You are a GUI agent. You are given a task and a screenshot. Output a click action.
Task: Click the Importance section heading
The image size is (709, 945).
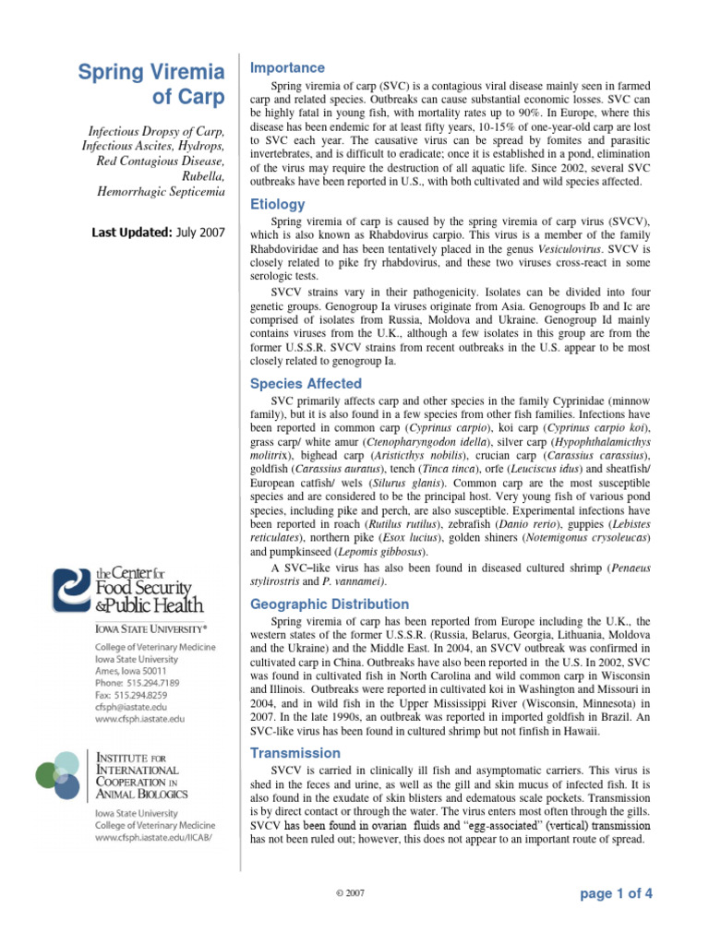point(288,68)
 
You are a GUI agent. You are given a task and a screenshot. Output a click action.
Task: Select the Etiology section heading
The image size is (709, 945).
point(277,205)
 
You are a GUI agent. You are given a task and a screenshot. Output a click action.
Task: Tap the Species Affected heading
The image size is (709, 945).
point(306,384)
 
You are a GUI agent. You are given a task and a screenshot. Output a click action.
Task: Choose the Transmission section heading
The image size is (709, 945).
point(295,753)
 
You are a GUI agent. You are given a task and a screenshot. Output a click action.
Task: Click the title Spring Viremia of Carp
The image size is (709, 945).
point(150,84)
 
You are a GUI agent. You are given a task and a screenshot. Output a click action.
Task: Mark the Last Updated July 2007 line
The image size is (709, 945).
point(158,233)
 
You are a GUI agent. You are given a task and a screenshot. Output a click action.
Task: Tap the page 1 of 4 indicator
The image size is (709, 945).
point(616,894)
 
